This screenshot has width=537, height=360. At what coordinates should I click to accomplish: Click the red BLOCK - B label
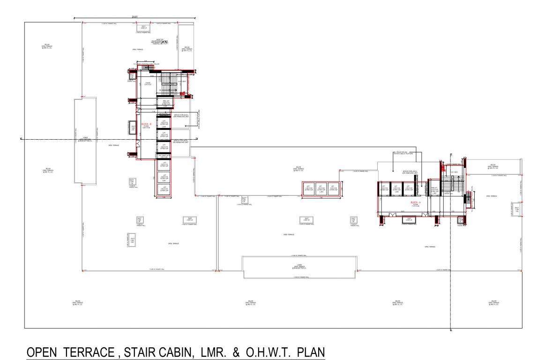(146, 124)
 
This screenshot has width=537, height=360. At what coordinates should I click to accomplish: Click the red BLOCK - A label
(416, 202)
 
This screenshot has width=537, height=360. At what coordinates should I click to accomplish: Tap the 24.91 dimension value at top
(135, 17)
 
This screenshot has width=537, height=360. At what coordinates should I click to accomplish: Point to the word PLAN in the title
(310, 352)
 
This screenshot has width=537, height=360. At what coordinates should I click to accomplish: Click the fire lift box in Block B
(165, 103)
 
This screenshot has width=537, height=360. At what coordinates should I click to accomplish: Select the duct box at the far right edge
(517, 209)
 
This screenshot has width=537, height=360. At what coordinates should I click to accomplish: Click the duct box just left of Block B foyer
(133, 127)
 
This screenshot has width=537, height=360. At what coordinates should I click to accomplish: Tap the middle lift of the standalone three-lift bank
(321, 189)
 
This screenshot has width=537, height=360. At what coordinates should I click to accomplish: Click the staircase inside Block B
(167, 83)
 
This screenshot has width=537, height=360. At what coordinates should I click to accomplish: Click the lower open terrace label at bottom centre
(299, 268)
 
